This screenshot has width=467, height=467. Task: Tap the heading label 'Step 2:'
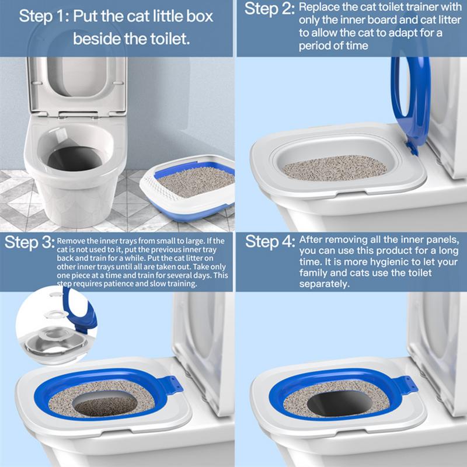pyautogui.click(x=269, y=11)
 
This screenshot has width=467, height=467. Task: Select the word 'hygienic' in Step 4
pyautogui.click(x=385, y=262)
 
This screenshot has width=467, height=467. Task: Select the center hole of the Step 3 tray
pyautogui.click(x=105, y=404)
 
